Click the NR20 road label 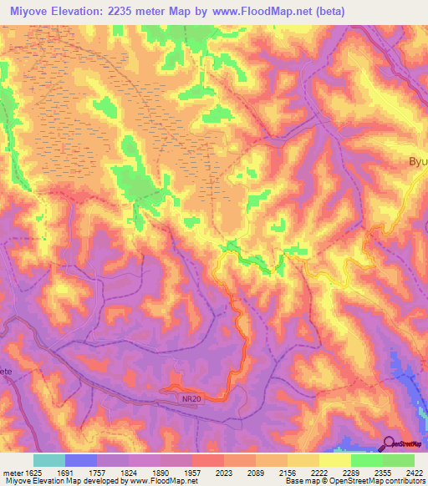pos(191,399)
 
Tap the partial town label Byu pos(416,162)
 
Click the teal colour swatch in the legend pos(48,460)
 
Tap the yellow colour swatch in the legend pos(334,460)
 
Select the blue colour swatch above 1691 pos(80,460)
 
